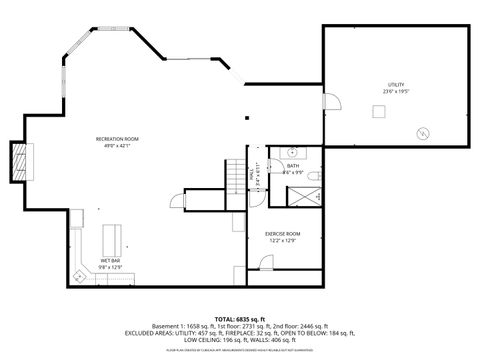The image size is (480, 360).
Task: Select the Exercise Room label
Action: (x=283, y=233)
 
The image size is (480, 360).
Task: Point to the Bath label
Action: (x=293, y=166)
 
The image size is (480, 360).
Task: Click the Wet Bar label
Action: (x=110, y=261)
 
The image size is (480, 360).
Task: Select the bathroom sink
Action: (x=291, y=152)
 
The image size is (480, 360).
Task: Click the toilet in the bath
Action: (x=313, y=176)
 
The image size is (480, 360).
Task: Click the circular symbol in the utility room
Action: (x=422, y=131)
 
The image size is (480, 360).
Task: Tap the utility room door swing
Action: (x=333, y=101)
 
